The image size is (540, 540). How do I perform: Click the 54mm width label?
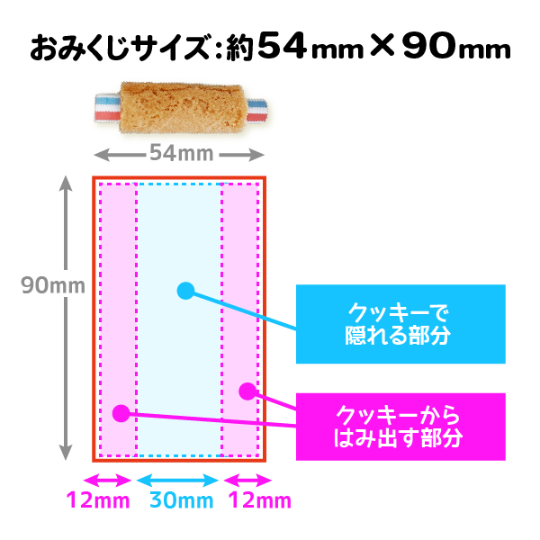pos(181,153)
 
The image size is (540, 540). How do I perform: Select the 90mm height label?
pos(53,286)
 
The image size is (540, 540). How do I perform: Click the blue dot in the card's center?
pos(185,290)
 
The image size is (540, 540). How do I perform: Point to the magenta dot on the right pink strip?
pos(247,391)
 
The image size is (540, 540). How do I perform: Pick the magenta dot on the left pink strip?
pos(121,413)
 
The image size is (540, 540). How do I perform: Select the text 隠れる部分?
pos(397,336)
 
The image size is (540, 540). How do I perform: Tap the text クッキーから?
pos(397,415)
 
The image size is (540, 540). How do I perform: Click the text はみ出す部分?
pos(397,438)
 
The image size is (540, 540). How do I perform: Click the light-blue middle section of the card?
pos(179,378)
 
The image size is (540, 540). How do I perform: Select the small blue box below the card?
pos(188,505)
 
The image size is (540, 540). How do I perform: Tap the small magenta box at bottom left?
pos(97,505)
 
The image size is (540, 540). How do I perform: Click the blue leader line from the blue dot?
pos(225,304)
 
